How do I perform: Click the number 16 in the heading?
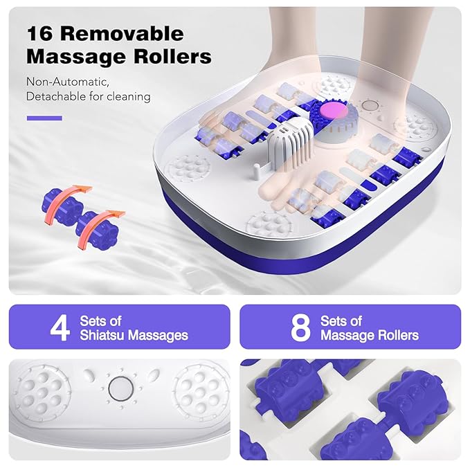(x=43, y=34)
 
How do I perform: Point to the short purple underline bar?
(x=44, y=118)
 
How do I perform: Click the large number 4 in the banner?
(x=60, y=328)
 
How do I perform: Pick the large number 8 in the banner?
(x=300, y=328)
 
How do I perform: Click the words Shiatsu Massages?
(x=134, y=335)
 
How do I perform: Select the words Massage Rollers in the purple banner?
(x=369, y=335)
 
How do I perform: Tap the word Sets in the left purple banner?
(x=94, y=320)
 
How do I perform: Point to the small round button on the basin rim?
(x=371, y=107)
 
